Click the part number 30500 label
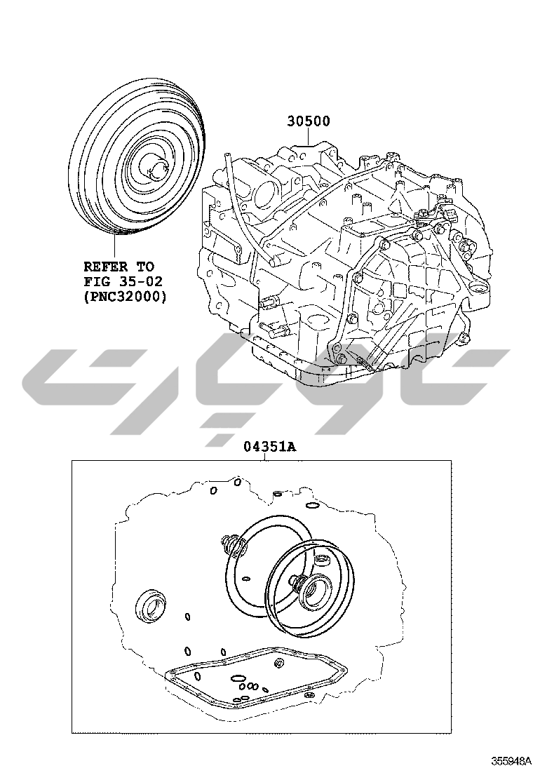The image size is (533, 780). [309, 121]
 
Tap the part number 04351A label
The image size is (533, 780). [270, 447]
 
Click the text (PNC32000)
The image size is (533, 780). [126, 297]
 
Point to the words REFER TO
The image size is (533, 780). [119, 266]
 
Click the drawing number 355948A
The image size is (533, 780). [508, 761]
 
